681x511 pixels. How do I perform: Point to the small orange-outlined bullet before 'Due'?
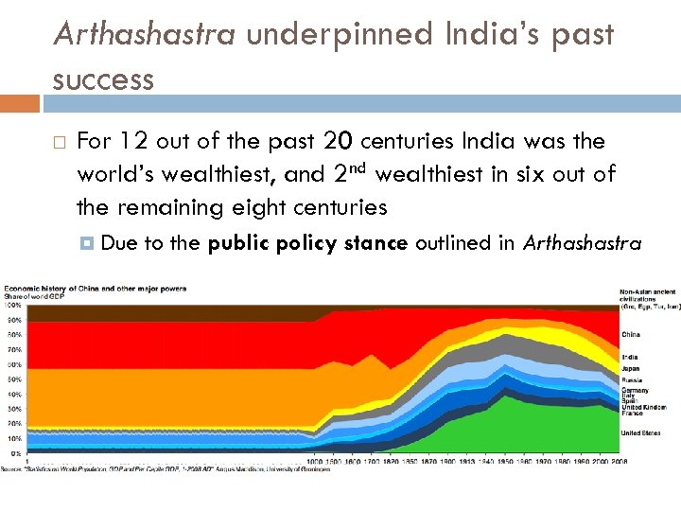point(88,243)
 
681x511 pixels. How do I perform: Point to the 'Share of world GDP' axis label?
point(38,297)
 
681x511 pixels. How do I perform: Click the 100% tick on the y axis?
point(14,306)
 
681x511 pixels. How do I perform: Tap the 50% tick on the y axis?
point(14,379)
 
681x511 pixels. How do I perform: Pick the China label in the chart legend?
point(630,334)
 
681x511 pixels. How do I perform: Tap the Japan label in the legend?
point(630,368)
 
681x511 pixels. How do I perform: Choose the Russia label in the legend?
point(631,379)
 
